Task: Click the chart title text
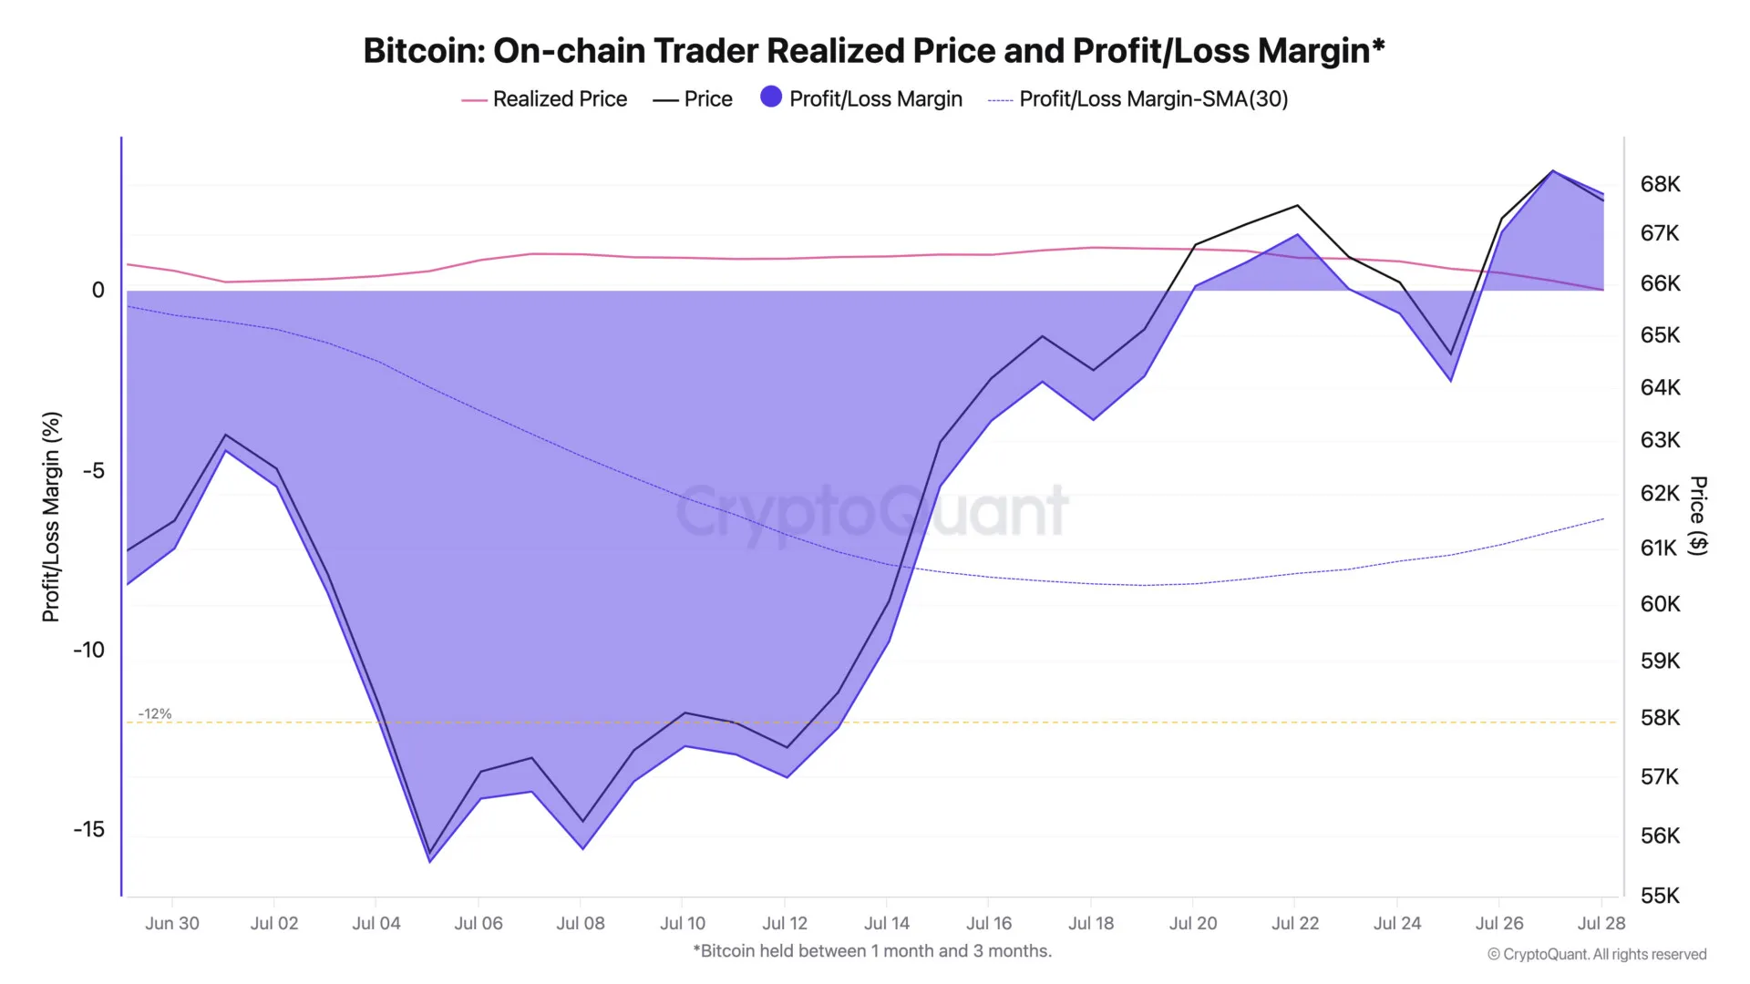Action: (873, 51)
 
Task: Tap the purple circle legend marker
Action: (771, 97)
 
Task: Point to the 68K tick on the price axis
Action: (1660, 185)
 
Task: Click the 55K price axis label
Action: (1660, 896)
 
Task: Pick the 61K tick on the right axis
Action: (1659, 548)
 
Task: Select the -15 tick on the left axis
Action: (88, 829)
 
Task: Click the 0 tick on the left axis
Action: (98, 290)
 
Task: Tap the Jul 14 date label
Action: (887, 923)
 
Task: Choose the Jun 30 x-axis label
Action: (172, 923)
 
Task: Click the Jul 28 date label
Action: (1601, 923)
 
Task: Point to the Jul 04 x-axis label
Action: (376, 923)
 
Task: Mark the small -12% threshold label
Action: (155, 713)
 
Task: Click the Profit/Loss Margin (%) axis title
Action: (51, 517)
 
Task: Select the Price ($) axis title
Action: (1697, 515)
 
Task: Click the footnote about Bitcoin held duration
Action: (872, 951)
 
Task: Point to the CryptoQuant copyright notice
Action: (1597, 954)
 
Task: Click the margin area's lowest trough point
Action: (430, 862)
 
